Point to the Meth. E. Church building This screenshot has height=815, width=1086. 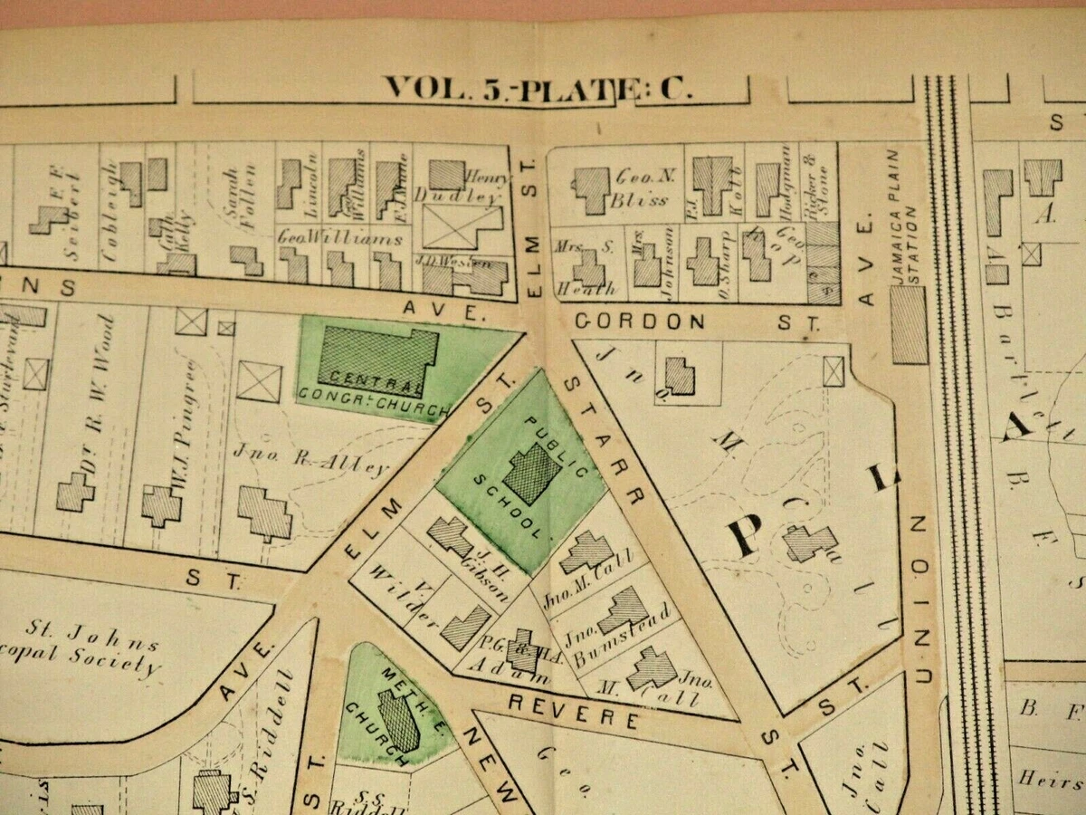click(399, 721)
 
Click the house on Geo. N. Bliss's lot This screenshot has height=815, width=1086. click(591, 190)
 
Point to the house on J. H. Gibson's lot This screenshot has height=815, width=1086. click(450, 537)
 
